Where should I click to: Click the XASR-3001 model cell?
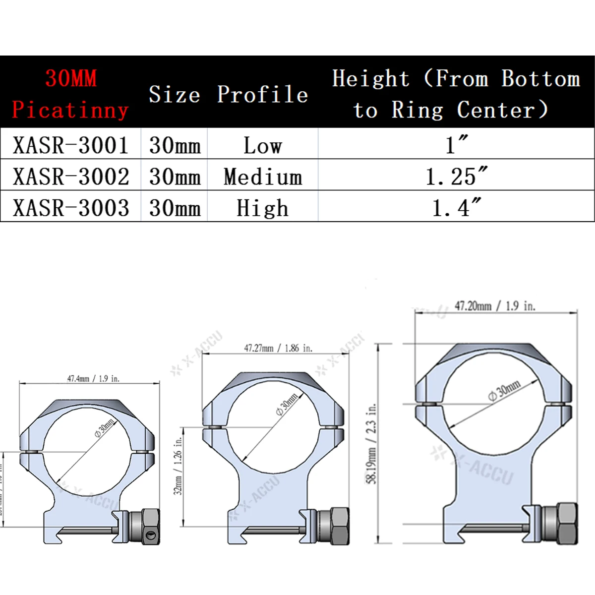70,145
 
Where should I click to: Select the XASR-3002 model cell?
70,177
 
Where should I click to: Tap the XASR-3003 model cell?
70,208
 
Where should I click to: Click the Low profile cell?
262,145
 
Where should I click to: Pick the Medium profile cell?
262,177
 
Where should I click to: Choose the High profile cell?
262,208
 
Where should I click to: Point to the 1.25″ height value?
456,177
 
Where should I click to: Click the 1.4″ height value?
456,208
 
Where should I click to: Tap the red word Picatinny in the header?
70,110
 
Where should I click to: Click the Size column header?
174,94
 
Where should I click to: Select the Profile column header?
262,94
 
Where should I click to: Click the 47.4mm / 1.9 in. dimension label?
93,378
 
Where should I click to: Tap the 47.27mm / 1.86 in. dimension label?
278,348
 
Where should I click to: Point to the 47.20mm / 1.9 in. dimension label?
495,306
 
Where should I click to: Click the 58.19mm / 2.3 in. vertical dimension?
371,443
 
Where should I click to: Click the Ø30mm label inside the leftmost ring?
105,427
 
